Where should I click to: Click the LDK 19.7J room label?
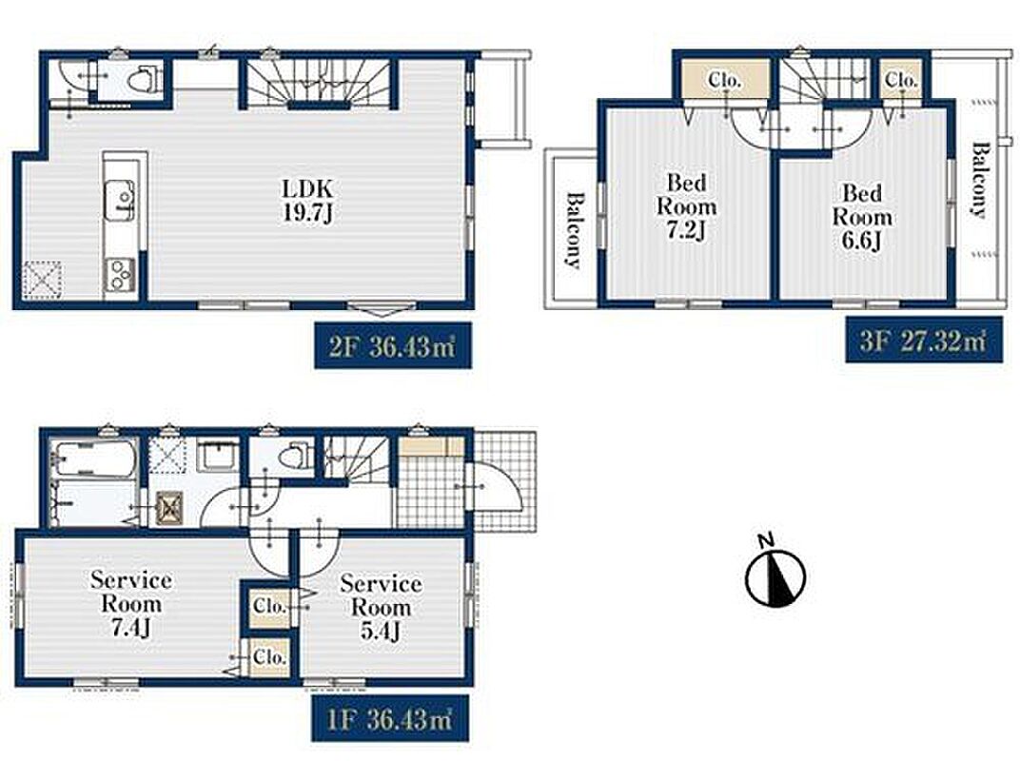coord(307,201)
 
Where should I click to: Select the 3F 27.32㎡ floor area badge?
coord(924,340)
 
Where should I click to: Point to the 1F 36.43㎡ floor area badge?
coord(390,718)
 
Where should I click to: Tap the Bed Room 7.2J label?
coord(686,206)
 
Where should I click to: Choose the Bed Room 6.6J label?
coord(862,217)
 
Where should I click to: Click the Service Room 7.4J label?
coord(131,604)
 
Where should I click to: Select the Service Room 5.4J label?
coord(381,607)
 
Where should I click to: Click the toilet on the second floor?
coord(140,80)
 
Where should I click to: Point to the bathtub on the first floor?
coord(95,458)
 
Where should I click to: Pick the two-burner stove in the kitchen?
coord(120,274)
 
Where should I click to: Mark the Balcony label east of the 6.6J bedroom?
coord(979,180)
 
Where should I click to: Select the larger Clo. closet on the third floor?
coord(725,80)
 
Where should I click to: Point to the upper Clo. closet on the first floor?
coord(269,606)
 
